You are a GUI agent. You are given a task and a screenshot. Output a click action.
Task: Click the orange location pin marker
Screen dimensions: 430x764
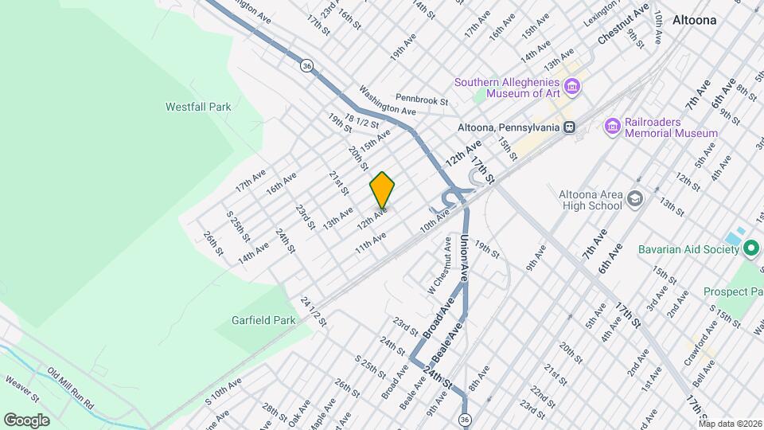tap(383, 190)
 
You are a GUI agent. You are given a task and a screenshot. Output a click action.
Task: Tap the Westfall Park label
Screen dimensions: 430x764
tap(198, 106)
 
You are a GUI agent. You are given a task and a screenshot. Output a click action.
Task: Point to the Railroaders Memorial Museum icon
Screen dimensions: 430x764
tap(612, 126)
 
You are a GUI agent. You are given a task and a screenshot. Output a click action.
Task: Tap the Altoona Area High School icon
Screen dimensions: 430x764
tap(634, 198)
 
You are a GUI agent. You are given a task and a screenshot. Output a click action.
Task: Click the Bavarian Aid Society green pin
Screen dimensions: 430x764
tap(750, 249)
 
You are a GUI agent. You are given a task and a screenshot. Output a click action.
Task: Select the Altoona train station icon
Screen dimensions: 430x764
tap(569, 127)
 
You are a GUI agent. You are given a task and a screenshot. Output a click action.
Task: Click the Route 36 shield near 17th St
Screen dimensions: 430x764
tap(306, 66)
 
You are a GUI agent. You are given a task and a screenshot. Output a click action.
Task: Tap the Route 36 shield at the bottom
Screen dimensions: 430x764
tap(464, 419)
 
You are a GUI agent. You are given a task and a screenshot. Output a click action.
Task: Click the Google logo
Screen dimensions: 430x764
tap(26, 420)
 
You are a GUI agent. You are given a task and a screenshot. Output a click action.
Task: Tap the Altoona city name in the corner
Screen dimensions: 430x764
tap(694, 20)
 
